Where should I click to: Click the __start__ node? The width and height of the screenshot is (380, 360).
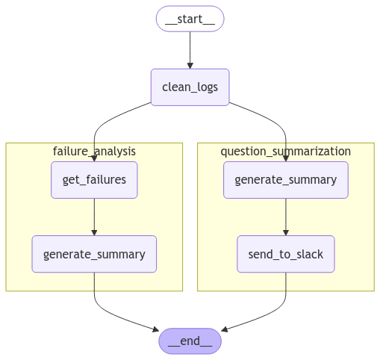[x=190, y=19]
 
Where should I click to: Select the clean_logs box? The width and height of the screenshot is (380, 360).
[x=190, y=87]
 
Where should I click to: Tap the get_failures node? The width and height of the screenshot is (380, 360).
[x=94, y=180]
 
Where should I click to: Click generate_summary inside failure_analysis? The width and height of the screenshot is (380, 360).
[x=94, y=254]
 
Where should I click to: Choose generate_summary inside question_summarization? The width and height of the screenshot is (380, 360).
[x=286, y=180]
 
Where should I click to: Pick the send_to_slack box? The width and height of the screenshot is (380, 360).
[x=286, y=254]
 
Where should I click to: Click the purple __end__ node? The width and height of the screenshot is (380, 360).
[x=190, y=341]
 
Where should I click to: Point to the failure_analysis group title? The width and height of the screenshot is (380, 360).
[x=94, y=152]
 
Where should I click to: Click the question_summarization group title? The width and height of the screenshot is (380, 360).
[x=286, y=152]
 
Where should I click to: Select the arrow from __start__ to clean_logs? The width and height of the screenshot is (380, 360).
[x=190, y=49]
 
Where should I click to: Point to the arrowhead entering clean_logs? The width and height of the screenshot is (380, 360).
[x=190, y=65]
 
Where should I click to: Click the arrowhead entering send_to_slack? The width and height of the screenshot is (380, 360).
[x=286, y=232]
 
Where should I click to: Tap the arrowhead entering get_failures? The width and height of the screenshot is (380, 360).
[x=94, y=158]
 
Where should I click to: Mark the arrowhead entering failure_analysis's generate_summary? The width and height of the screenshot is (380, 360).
[x=94, y=232]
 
